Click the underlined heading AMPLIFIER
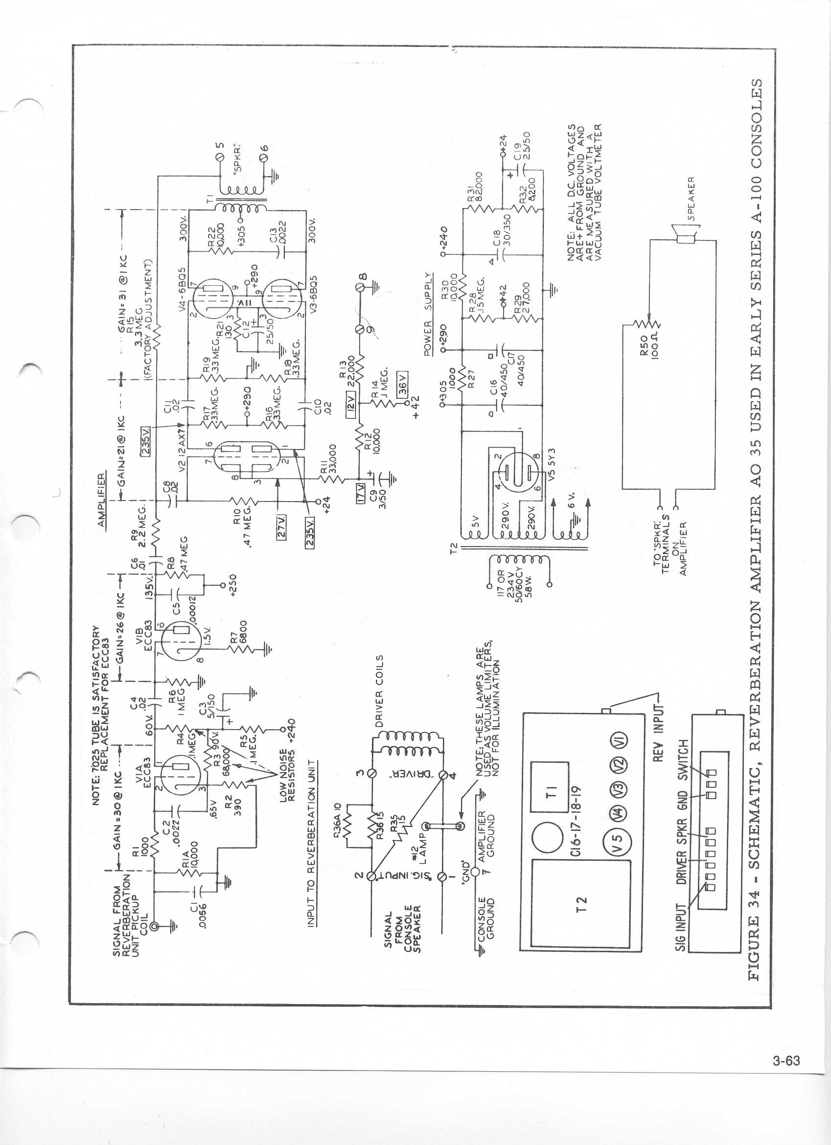pos(102,499)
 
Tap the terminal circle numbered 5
pos(219,160)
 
